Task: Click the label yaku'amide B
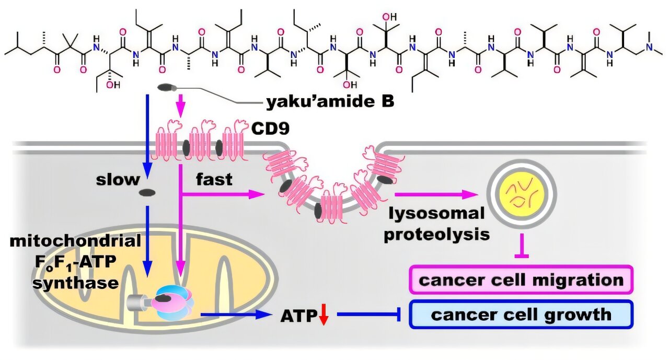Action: coord(329,102)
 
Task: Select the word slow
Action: coord(118,180)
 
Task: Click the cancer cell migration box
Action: coord(522,280)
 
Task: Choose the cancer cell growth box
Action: coord(522,315)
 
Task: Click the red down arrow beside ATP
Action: coord(324,316)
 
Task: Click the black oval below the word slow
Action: coord(147,194)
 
